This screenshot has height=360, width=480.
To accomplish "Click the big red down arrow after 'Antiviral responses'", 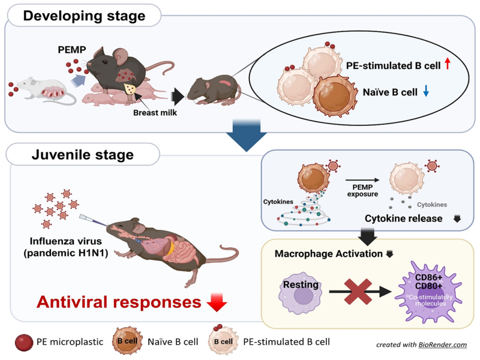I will tap(216, 302).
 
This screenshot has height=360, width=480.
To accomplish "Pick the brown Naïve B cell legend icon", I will tap(124, 343).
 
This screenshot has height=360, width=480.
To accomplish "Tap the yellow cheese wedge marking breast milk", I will tap(130, 88).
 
